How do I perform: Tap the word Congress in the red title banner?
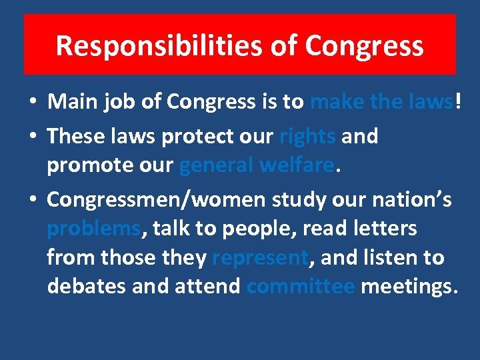coord(365,45)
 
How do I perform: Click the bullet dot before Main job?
coord(33,103)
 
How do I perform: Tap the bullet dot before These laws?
coord(33,137)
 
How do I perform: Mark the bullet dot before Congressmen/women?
coord(33,200)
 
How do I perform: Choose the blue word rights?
coord(307,136)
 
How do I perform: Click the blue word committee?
coord(300,287)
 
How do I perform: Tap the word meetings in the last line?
coord(408,287)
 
